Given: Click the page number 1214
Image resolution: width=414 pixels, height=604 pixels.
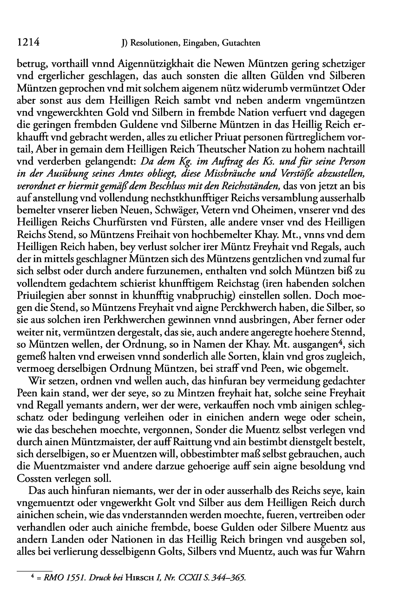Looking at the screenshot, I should coord(26,43).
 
